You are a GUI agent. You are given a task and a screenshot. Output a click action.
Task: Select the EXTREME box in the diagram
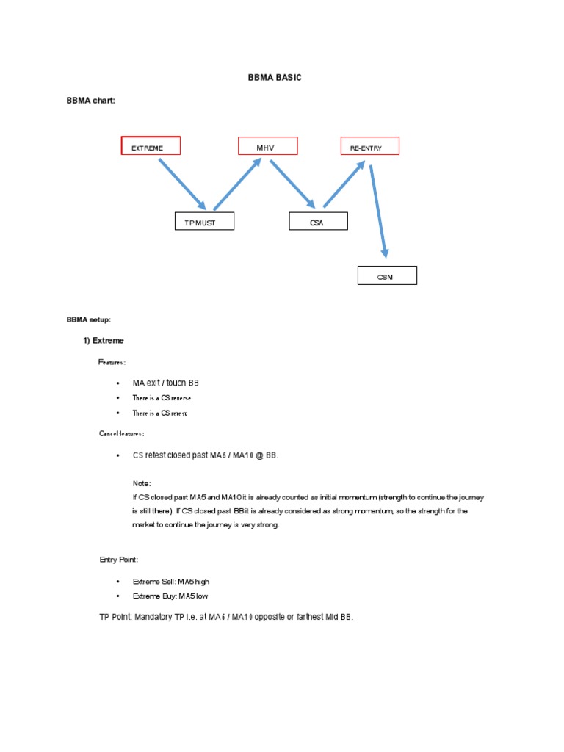151,146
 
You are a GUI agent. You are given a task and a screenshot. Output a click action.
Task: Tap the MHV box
267,146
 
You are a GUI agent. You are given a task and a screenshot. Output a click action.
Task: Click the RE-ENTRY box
369,146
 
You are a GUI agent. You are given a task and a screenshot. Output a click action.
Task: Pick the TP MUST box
204,221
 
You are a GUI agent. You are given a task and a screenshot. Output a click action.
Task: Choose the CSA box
317,221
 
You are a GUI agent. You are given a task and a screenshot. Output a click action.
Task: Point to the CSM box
387,275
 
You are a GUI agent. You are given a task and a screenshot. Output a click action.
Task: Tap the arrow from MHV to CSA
292,184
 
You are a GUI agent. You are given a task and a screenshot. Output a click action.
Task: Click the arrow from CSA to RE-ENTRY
344,184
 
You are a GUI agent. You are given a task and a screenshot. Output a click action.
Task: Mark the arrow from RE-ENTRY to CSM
378,211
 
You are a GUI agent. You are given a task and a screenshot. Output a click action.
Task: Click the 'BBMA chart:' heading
91,101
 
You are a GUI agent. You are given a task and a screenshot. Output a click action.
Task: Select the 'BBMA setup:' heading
89,319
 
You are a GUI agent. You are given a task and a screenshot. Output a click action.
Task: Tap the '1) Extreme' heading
104,341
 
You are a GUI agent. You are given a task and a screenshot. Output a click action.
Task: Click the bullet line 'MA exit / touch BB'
165,383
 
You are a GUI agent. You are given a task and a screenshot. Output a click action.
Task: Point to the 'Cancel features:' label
122,434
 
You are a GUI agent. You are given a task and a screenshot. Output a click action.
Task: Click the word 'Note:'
142,483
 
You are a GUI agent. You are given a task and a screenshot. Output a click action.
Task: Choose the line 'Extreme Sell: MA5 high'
170,582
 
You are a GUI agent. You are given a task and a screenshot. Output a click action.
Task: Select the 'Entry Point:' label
119,560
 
